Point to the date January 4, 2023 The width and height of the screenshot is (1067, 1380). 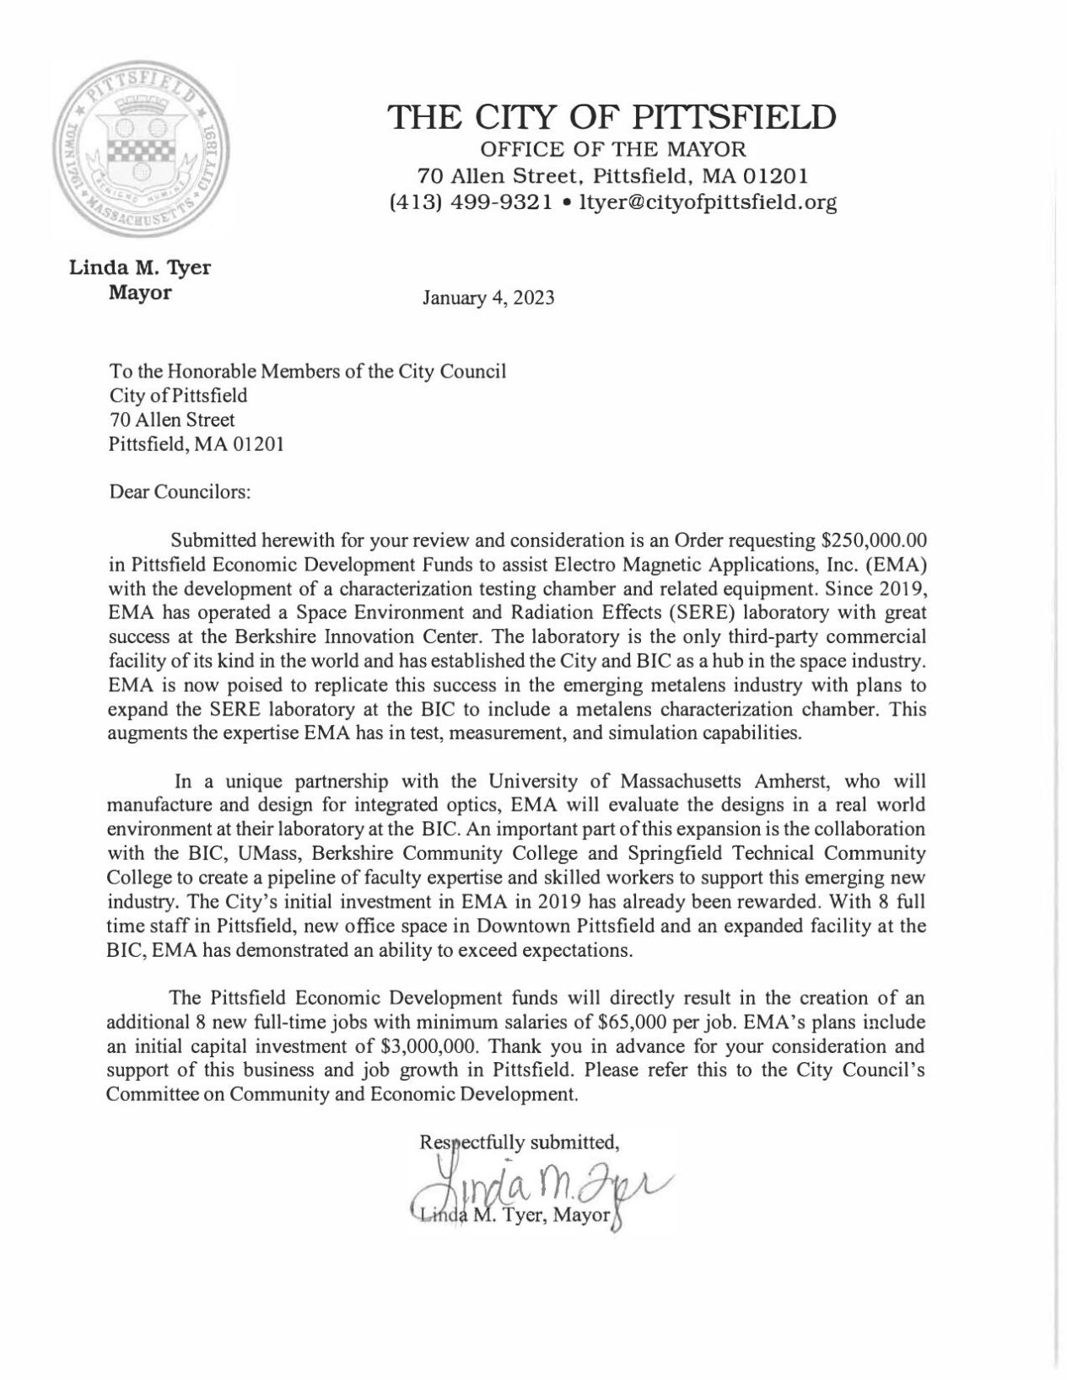pyautogui.click(x=488, y=298)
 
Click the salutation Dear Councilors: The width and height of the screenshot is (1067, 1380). pyautogui.click(x=180, y=492)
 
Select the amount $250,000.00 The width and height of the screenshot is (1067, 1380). pyautogui.click(x=869, y=539)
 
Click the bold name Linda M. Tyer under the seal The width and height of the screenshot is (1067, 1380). pyautogui.click(x=139, y=268)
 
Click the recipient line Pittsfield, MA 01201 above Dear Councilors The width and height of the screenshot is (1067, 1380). pyautogui.click(x=196, y=443)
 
